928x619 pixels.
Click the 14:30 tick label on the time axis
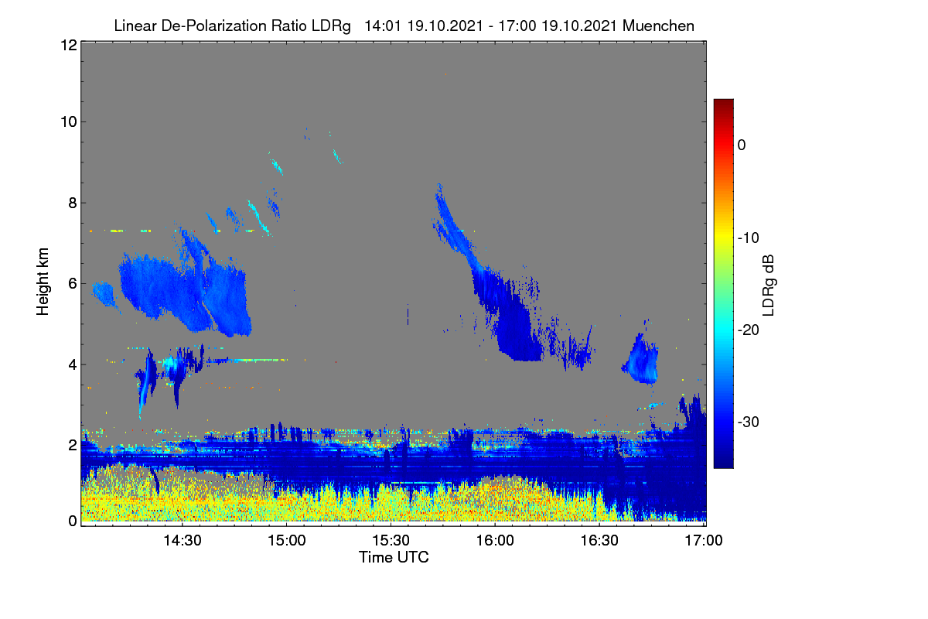[183, 541]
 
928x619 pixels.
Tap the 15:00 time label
[287, 541]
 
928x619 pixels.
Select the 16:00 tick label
[495, 541]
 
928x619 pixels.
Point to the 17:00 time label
[704, 541]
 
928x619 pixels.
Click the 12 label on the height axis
[69, 45]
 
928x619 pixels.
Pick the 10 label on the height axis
[69, 122]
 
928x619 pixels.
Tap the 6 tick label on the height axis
[73, 284]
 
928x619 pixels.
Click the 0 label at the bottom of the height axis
[73, 522]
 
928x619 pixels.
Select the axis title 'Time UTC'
[394, 558]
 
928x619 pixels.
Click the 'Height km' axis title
[43, 282]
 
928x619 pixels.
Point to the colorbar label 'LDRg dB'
[768, 286]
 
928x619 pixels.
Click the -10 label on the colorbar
[749, 238]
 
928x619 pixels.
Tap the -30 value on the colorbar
[749, 422]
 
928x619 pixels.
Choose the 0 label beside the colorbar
[742, 145]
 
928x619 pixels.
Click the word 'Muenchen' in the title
[658, 26]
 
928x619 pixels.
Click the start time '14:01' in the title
[383, 26]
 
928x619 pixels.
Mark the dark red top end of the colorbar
[723, 101]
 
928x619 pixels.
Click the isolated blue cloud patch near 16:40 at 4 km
[642, 361]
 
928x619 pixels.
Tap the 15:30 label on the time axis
[391, 541]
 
